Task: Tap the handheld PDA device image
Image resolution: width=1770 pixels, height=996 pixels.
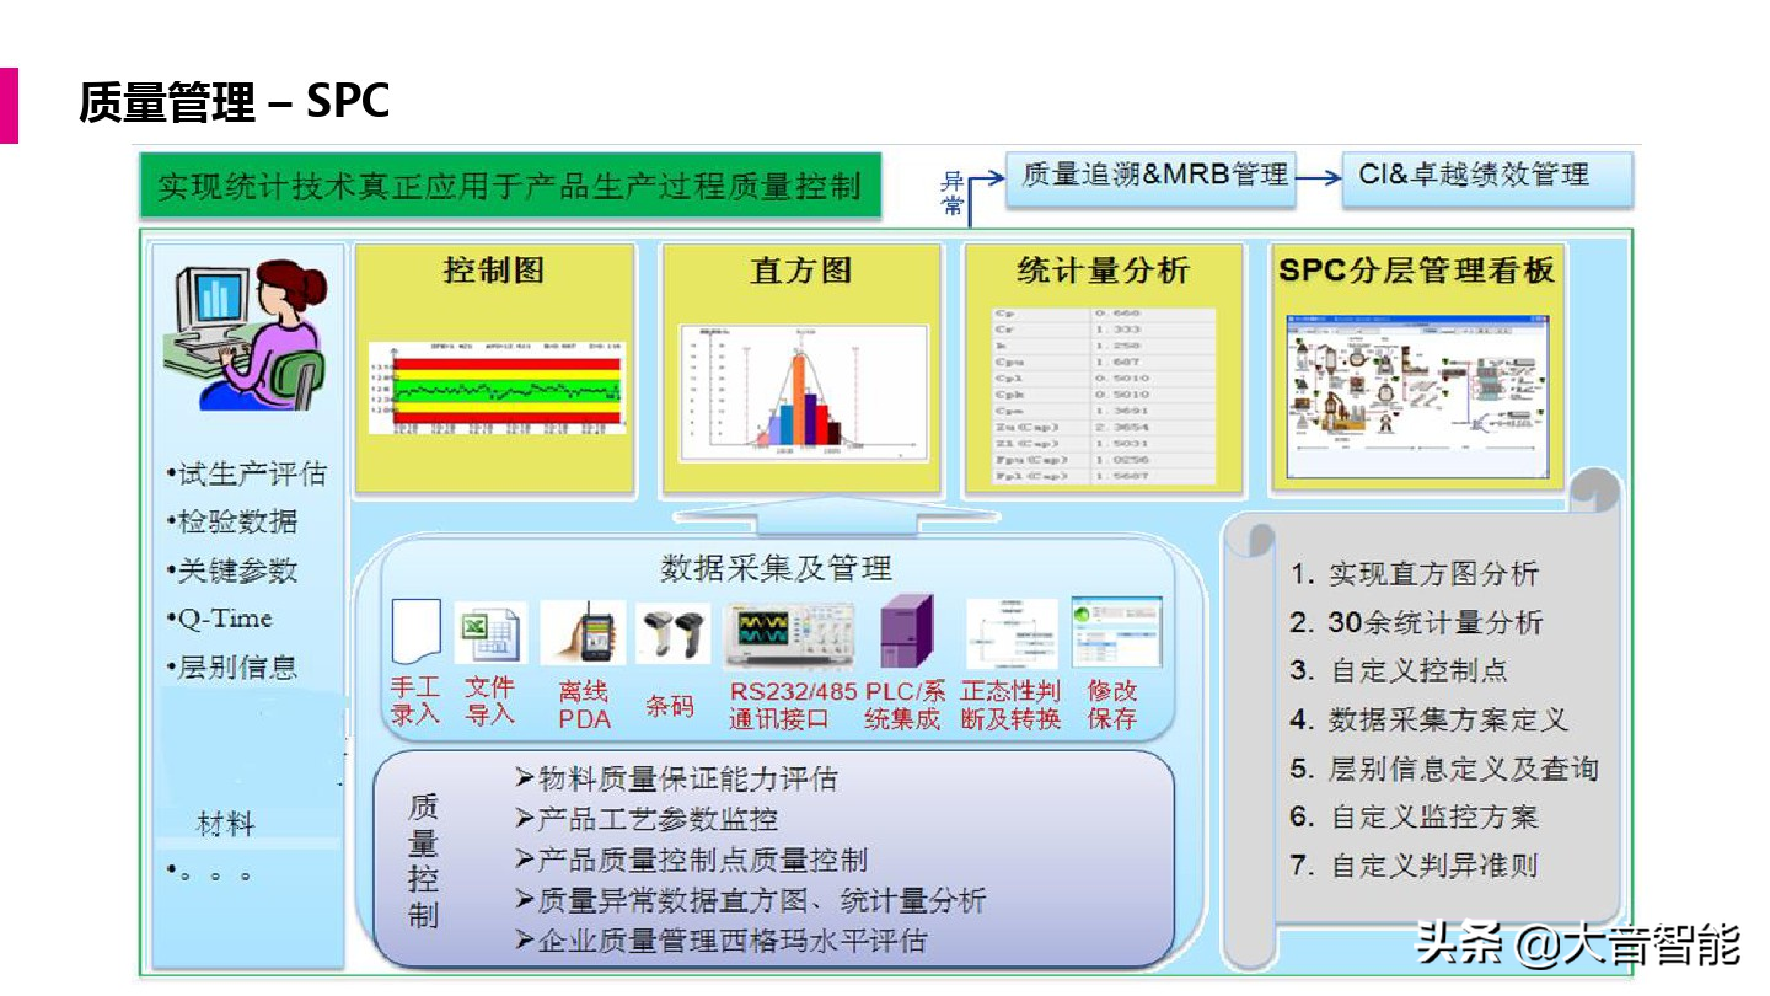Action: (584, 632)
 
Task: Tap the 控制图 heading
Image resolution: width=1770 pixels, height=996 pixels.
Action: (493, 270)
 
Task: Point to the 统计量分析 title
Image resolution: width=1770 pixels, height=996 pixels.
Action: (1103, 270)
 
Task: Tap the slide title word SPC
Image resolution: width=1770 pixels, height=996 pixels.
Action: (348, 101)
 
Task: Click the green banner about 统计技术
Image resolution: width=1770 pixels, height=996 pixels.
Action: (510, 186)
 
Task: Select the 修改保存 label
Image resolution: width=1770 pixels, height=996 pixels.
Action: (1112, 705)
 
